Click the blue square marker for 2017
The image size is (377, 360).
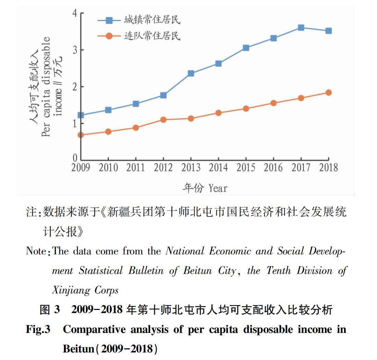click(301, 28)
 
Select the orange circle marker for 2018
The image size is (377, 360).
click(329, 93)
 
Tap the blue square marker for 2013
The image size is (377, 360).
click(191, 73)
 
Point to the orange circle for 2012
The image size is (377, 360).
click(163, 120)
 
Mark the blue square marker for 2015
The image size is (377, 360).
click(246, 48)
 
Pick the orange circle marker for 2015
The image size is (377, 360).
click(246, 109)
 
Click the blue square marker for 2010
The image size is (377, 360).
click(108, 110)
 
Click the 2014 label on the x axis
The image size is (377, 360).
click(218, 167)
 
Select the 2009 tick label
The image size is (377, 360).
click(81, 167)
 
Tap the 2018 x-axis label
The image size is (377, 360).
click(329, 167)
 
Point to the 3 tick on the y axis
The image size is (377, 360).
click(75, 50)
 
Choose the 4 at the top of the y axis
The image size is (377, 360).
click(75, 13)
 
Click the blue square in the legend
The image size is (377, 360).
click(109, 21)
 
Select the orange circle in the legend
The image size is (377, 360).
click(109, 36)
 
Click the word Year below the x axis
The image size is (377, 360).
click(218, 188)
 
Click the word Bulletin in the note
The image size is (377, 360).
click(146, 271)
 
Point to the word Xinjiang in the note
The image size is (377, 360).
click(71, 290)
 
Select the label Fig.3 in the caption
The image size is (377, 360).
click(38, 329)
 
